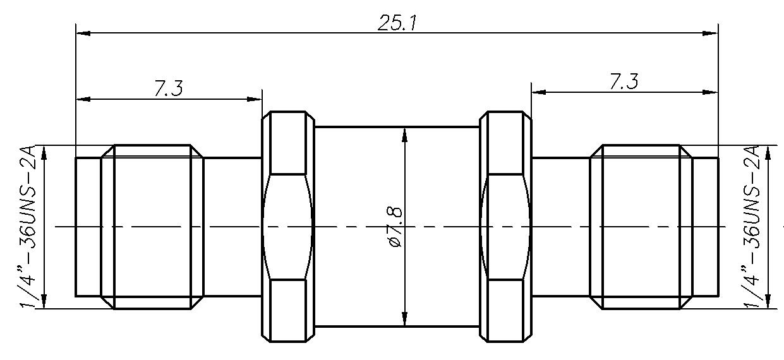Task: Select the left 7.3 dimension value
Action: (169, 88)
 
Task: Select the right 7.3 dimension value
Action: (624, 81)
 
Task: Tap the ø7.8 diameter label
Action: (395, 225)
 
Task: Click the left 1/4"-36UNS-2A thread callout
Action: (30, 226)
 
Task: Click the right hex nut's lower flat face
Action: (505, 309)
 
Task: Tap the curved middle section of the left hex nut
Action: (288, 226)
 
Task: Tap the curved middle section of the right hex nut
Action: (505, 226)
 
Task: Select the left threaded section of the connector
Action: (152, 226)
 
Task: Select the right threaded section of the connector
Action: (641, 226)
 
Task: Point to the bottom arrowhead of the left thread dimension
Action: (45, 302)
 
